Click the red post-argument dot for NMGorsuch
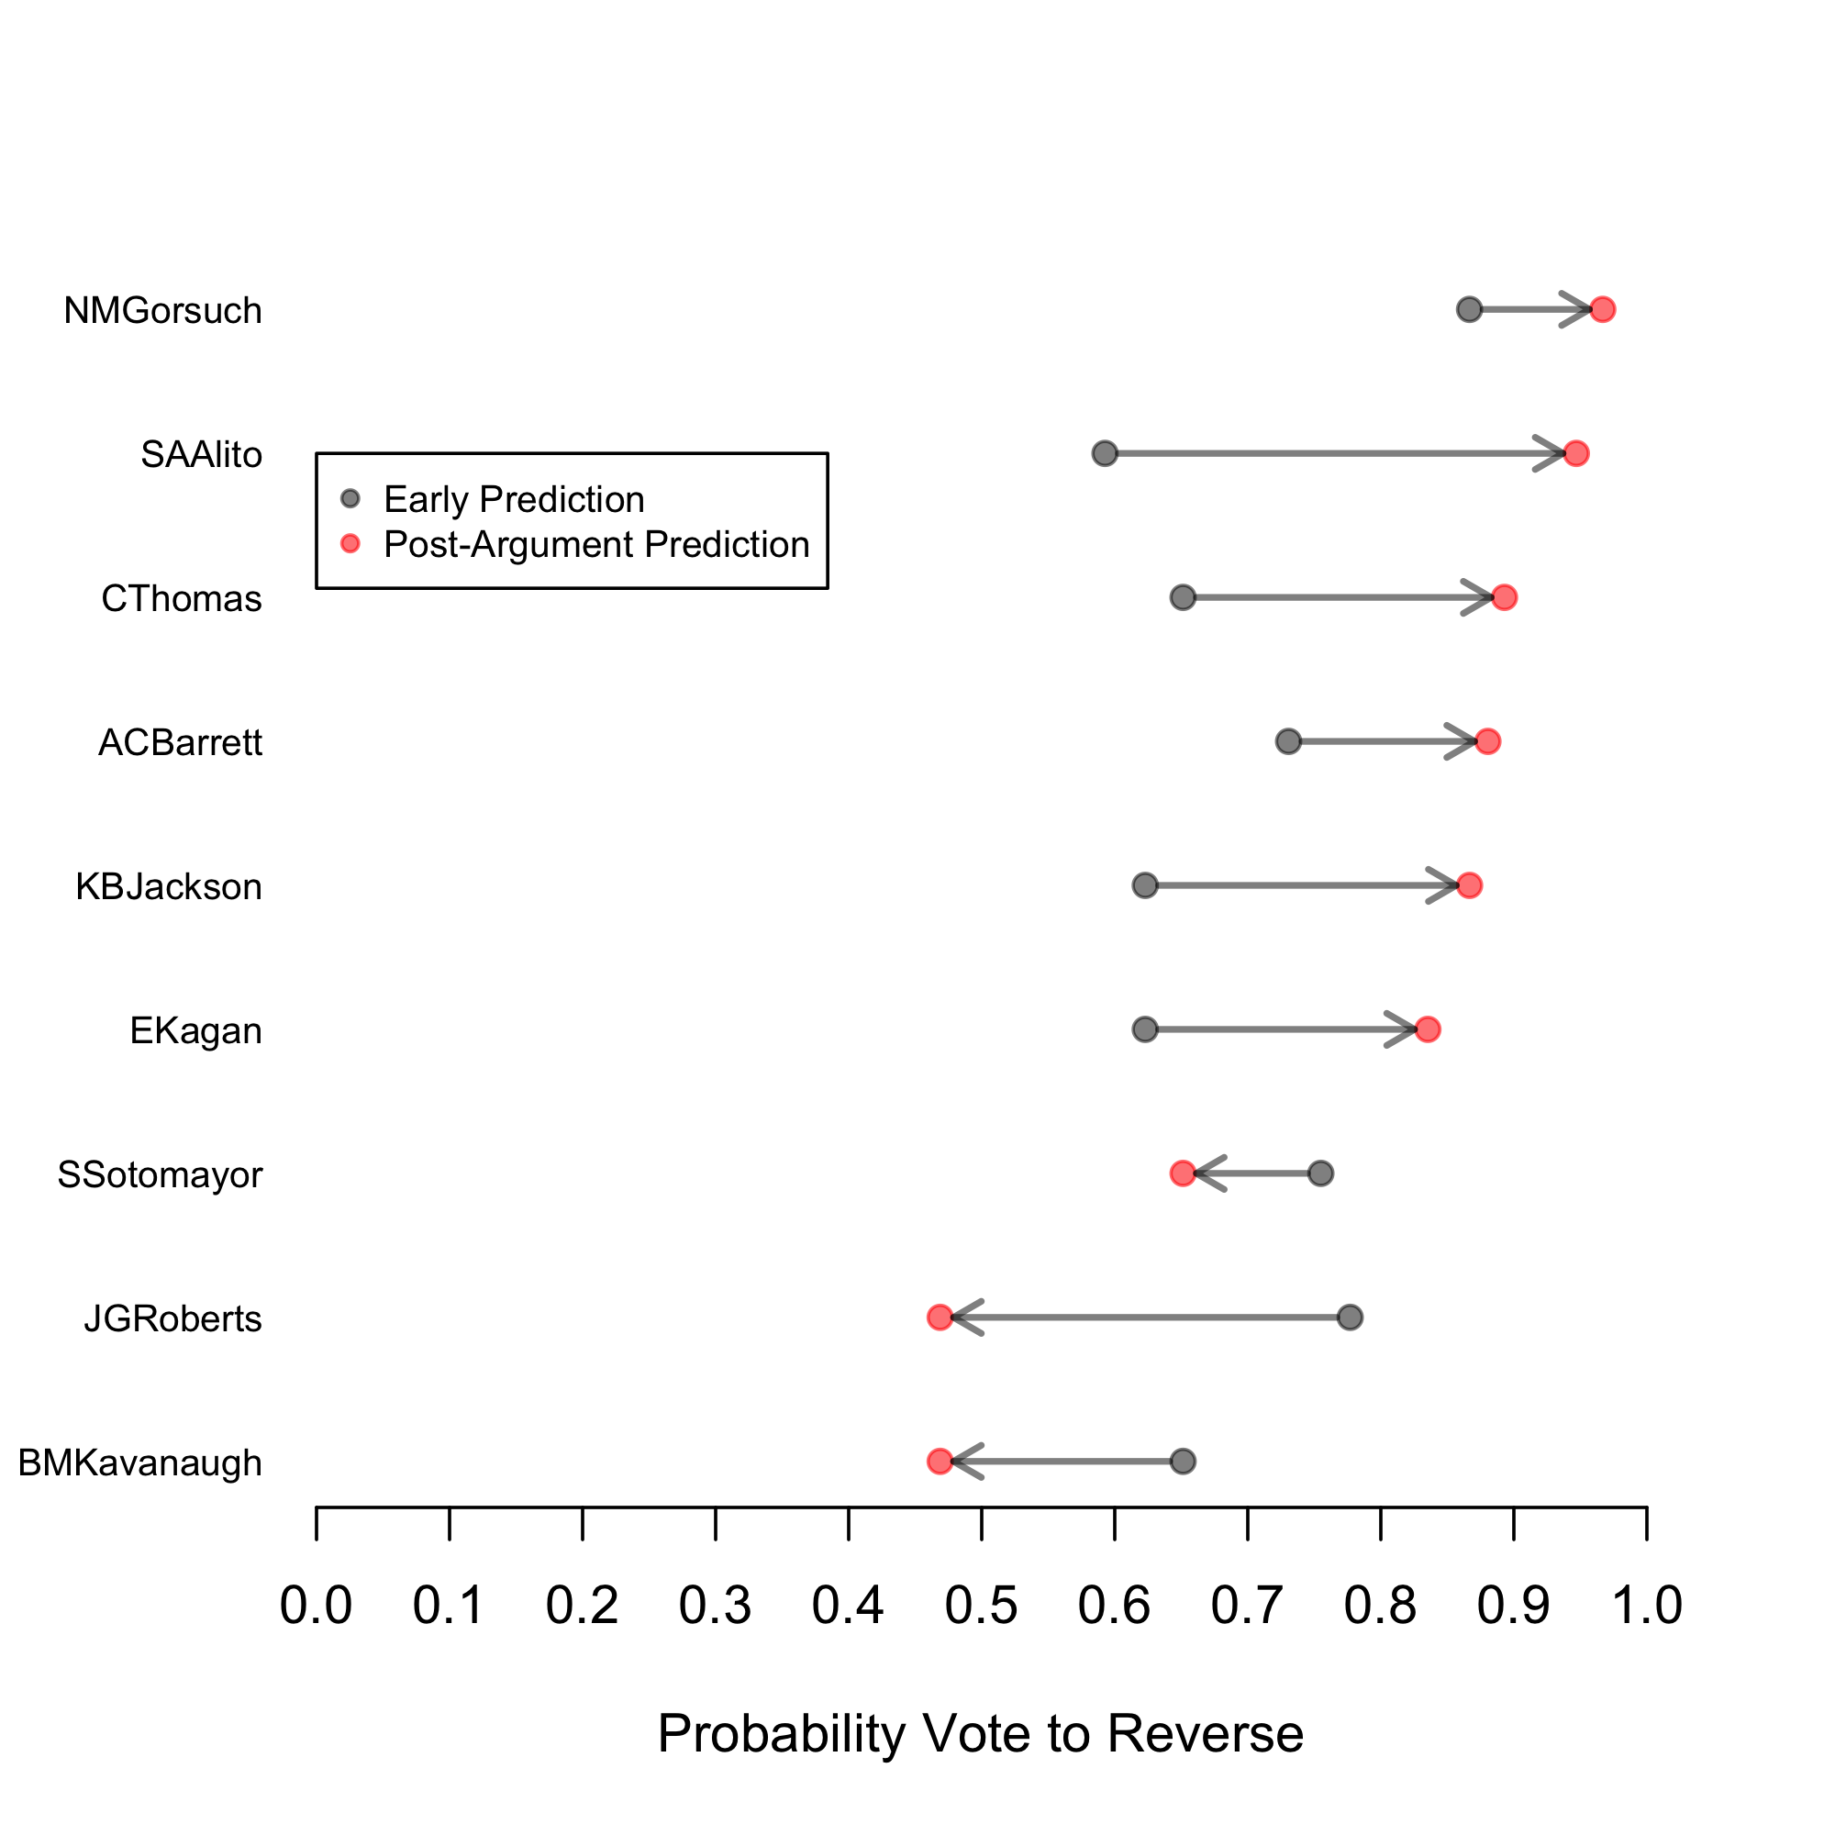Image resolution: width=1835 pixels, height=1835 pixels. (x=1602, y=309)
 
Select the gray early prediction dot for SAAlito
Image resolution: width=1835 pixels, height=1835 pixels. (x=1105, y=453)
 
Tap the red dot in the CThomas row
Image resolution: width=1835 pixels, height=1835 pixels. (x=1505, y=597)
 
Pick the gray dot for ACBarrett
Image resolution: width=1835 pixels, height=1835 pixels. (x=1288, y=740)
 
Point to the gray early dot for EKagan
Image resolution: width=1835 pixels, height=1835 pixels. (x=1145, y=1029)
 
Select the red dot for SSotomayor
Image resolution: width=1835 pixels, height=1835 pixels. (x=1183, y=1174)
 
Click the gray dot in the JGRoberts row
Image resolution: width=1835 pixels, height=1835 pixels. (x=1350, y=1318)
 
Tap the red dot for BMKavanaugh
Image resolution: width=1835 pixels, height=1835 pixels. (x=940, y=1462)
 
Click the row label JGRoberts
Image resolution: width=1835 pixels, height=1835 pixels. (x=172, y=1319)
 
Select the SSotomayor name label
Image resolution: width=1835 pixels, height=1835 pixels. (x=160, y=1175)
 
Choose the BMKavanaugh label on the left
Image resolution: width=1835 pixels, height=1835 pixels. (x=139, y=1463)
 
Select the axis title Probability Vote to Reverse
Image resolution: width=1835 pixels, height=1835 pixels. (x=980, y=1733)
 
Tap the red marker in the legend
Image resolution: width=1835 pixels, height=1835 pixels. (x=350, y=543)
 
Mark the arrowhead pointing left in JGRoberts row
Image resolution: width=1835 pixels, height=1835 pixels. (x=962, y=1318)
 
